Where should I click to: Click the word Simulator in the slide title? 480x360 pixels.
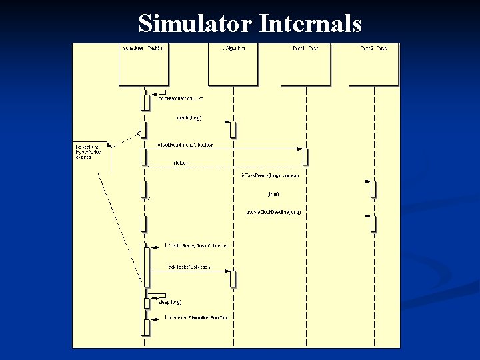(x=194, y=24)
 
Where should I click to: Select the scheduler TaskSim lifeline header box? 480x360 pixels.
(x=143, y=65)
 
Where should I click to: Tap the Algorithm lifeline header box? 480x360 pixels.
(x=233, y=65)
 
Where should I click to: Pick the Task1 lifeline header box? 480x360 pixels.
(x=305, y=65)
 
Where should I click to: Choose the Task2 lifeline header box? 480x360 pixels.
(x=373, y=65)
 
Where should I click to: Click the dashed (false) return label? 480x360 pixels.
(x=180, y=163)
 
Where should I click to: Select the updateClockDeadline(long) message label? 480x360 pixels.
(x=273, y=212)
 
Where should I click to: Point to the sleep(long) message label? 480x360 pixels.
(x=170, y=302)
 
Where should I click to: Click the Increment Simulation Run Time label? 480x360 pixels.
(x=197, y=318)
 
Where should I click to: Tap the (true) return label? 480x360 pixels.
(x=273, y=194)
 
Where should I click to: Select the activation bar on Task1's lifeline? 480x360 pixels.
(x=305, y=157)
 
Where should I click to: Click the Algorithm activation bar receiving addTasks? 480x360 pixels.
(x=233, y=279)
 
